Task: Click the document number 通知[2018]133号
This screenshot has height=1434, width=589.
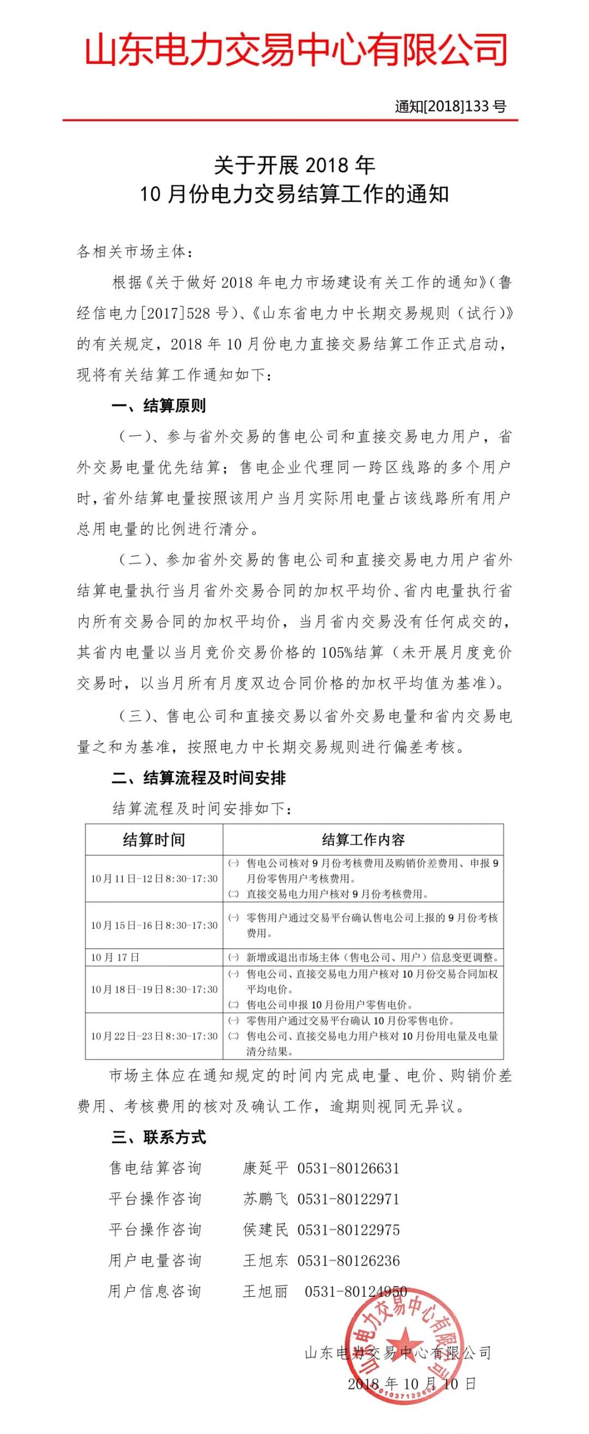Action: click(450, 106)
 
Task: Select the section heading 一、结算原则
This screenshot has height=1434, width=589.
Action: click(159, 406)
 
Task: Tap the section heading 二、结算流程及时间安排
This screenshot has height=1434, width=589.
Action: click(199, 778)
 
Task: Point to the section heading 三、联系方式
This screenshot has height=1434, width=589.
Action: click(159, 1137)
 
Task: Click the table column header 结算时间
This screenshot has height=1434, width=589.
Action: click(154, 840)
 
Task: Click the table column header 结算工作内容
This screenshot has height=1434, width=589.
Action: click(363, 840)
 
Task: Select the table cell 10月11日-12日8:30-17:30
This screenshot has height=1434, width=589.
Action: click(154, 878)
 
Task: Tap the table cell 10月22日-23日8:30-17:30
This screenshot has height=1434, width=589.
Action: click(154, 1036)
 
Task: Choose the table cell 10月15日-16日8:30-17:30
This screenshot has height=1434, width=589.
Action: click(154, 925)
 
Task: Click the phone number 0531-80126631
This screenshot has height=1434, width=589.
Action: click(348, 1169)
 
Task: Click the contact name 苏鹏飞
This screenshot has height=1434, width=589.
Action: click(265, 1199)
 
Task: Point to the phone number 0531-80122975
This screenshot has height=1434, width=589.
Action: click(348, 1230)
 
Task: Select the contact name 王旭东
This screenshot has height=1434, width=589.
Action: click(265, 1260)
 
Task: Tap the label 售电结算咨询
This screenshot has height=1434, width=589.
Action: click(155, 1169)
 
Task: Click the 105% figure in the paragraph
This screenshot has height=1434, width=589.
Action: click(336, 652)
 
